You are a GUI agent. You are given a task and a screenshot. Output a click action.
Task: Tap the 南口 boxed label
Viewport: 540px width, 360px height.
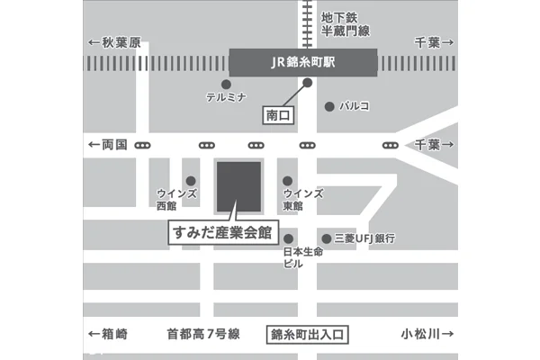click(x=278, y=115)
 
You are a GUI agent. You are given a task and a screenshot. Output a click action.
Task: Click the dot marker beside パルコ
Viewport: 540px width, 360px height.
click(x=330, y=105)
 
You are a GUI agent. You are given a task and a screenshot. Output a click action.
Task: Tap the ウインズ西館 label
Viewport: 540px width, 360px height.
click(x=166, y=198)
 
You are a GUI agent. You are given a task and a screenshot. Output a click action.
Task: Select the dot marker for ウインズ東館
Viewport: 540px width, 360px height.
click(x=287, y=180)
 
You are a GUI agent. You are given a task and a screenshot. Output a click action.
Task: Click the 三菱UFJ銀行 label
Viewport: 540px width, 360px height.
click(x=364, y=238)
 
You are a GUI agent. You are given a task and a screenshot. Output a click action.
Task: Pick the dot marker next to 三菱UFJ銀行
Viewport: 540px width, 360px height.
click(x=326, y=238)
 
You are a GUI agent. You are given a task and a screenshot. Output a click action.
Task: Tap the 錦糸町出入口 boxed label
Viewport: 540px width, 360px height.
click(x=309, y=335)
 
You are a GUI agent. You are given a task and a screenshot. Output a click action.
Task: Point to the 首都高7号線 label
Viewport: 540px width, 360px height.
click(x=203, y=335)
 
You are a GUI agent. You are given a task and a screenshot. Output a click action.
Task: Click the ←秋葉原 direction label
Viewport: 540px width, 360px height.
click(x=116, y=41)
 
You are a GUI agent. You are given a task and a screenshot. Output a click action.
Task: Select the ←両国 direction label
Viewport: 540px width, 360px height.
click(x=108, y=144)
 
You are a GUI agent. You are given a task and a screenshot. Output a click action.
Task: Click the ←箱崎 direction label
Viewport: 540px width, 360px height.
click(x=108, y=335)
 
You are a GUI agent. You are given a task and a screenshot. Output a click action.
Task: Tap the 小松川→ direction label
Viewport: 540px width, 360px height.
click(x=427, y=335)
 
